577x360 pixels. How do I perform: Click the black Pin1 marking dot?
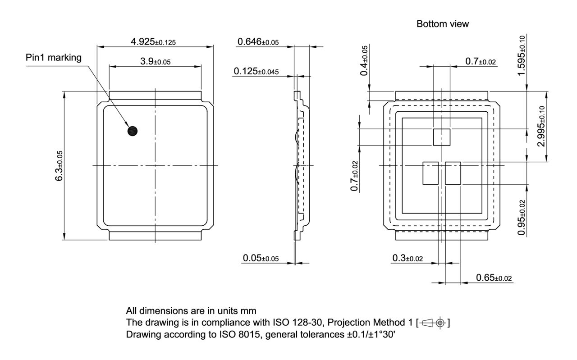[x=133, y=131]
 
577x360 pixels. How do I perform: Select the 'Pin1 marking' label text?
[x=54, y=58]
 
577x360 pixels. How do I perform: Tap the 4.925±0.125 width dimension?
[x=153, y=42]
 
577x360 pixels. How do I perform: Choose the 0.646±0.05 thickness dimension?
[x=258, y=42]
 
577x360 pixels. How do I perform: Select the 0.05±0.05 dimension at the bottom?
[x=261, y=258]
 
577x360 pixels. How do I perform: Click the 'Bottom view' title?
[x=442, y=24]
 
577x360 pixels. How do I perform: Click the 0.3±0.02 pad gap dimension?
[x=408, y=258]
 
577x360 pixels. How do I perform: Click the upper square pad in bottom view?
[x=442, y=137]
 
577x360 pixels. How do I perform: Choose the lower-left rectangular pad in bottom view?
[x=430, y=173]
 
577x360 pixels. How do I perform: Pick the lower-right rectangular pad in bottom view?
[x=453, y=173]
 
